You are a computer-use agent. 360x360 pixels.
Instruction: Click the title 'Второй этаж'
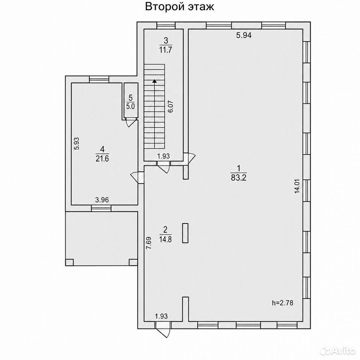[x=180, y=7]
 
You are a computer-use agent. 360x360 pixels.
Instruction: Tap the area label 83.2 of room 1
[x=238, y=178]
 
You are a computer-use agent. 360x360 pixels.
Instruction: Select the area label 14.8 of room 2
[x=165, y=239]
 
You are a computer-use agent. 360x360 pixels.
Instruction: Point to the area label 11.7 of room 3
[x=165, y=50]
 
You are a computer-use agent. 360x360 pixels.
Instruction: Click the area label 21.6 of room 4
[x=102, y=158]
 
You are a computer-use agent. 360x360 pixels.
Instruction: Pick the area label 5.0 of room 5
[x=130, y=106]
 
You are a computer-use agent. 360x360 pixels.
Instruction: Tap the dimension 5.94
[x=244, y=35]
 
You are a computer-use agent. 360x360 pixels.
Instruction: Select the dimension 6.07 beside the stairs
[x=171, y=106]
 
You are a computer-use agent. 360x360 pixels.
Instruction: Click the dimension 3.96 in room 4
[x=102, y=200]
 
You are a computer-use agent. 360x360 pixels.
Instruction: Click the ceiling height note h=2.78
[x=283, y=303]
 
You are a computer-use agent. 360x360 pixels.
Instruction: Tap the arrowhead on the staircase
[x=155, y=81]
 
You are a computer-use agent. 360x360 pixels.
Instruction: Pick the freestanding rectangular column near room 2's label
[x=185, y=233]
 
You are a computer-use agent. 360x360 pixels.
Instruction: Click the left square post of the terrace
[x=70, y=262]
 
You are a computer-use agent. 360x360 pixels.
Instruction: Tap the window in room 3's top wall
[x=166, y=25]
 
